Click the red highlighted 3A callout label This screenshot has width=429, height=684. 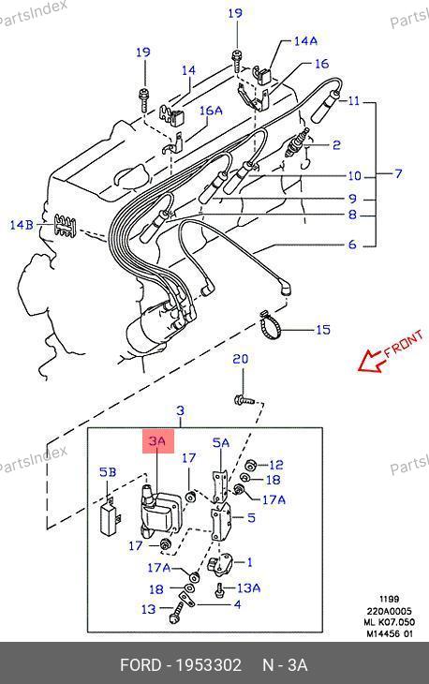[158, 441]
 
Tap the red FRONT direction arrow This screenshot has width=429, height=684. [370, 361]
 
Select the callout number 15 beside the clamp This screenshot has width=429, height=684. [323, 329]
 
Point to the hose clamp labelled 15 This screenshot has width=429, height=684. [271, 325]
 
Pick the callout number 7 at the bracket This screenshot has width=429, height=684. [398, 173]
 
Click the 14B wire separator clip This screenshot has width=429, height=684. [64, 227]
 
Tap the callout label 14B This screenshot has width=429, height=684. [22, 225]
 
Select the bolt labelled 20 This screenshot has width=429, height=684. [244, 399]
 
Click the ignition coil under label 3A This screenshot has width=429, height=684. [158, 511]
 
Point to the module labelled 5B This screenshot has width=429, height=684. [111, 516]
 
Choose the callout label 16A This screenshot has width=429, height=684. [211, 111]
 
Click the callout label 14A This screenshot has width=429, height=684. [305, 41]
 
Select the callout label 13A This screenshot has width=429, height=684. [248, 588]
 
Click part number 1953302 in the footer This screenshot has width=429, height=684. [208, 665]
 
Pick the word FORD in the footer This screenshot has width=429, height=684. [141, 665]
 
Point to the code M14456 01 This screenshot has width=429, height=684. [390, 633]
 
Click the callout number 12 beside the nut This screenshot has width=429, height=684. [276, 465]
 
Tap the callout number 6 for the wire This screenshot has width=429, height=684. [352, 245]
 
